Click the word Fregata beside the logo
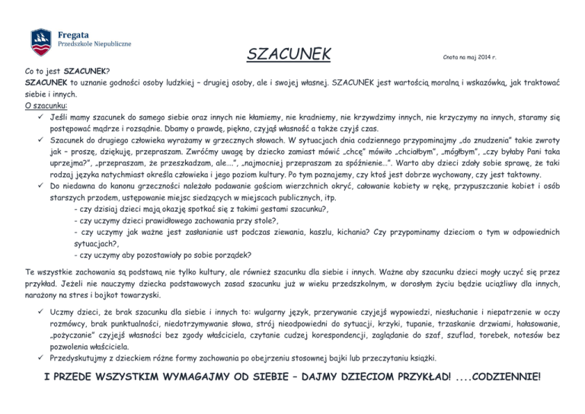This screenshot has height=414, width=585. pyautogui.click(x=74, y=33)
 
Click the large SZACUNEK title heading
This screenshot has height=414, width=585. pyautogui.click(x=289, y=54)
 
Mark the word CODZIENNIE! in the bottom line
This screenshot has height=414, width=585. pyautogui.click(x=501, y=378)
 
